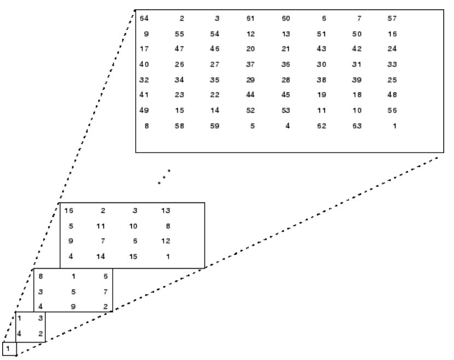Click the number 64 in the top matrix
[x=144, y=19]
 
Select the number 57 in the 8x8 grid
[x=392, y=19]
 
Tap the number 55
[x=179, y=34]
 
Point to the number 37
[x=251, y=65]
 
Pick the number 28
[x=286, y=80]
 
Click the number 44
[x=251, y=95]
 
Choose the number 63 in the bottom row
[x=357, y=126]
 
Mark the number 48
[x=392, y=95]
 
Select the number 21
[x=286, y=49]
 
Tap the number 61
[x=251, y=19]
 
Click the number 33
[x=392, y=65]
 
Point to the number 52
[x=251, y=111]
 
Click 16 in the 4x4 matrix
[x=69, y=211]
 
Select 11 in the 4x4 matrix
[x=101, y=226]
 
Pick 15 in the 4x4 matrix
[x=133, y=257]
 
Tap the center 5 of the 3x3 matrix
[x=73, y=292]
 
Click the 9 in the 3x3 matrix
[x=73, y=306]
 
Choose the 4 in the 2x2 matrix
[x=19, y=334]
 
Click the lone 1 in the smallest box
[x=8, y=349]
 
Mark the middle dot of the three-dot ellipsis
[x=164, y=177]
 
